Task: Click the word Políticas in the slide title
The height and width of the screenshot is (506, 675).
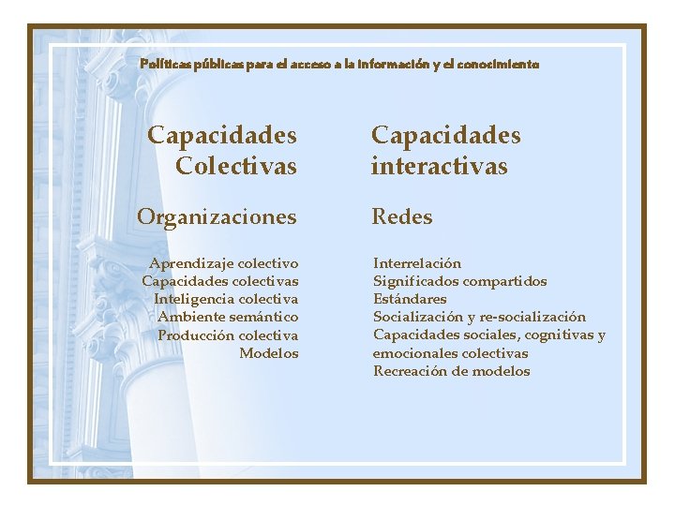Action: (x=164, y=65)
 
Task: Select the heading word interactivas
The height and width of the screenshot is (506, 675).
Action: (x=440, y=167)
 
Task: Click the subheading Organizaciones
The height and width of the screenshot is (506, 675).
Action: (x=217, y=216)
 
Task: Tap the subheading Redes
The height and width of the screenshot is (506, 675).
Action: (x=402, y=216)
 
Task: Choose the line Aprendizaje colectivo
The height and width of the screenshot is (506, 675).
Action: (x=223, y=263)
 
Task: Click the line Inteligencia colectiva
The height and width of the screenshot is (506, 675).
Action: (x=226, y=299)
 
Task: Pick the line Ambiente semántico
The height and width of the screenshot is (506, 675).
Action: (x=228, y=317)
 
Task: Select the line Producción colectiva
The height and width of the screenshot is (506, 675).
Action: (x=228, y=335)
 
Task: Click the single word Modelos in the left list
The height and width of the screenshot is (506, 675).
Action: (x=268, y=353)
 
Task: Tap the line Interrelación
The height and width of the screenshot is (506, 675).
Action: (x=417, y=263)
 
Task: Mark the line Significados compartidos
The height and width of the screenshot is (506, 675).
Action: (x=459, y=281)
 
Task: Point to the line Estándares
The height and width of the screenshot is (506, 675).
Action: (x=410, y=299)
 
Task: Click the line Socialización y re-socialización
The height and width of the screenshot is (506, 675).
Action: (x=479, y=317)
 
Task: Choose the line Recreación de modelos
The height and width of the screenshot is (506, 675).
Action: (x=451, y=371)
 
